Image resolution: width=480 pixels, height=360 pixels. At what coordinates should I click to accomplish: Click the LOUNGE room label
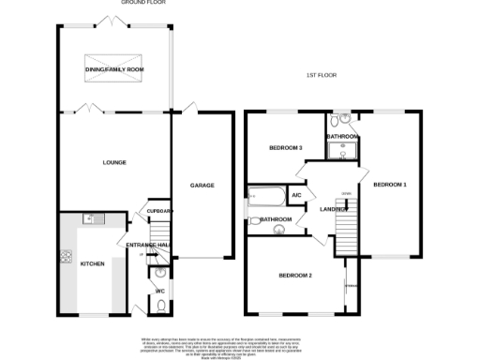pyautogui.click(x=114, y=162)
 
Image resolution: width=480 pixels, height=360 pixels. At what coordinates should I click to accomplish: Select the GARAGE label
pyautogui.click(x=202, y=186)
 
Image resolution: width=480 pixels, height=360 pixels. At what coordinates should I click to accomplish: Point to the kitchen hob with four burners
pyautogui.click(x=66, y=256)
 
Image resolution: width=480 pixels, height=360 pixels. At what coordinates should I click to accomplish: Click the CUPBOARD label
pyautogui.click(x=160, y=211)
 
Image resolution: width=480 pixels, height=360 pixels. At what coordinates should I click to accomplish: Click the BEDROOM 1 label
pyautogui.click(x=390, y=185)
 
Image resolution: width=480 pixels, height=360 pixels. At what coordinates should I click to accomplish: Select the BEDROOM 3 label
pyautogui.click(x=285, y=148)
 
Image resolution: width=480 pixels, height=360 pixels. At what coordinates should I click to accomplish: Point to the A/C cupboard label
pyautogui.click(x=296, y=195)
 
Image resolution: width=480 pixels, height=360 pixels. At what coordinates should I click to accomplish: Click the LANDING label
pyautogui.click(x=333, y=209)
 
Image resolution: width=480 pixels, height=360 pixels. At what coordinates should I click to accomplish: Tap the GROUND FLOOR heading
pyautogui.click(x=137, y=3)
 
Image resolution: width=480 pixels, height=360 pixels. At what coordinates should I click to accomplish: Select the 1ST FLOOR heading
pyautogui.click(x=321, y=74)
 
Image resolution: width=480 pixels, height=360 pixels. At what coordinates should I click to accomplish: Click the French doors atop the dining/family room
pyautogui.click(x=114, y=25)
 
